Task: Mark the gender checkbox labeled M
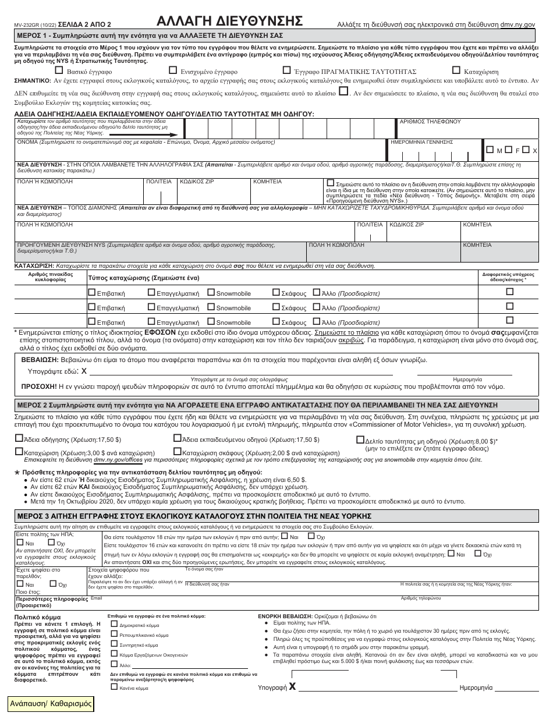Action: (x=490, y=150)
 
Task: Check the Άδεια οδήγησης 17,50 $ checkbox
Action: (x=19, y=439)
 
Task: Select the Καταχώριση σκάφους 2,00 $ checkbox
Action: (x=178, y=452)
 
